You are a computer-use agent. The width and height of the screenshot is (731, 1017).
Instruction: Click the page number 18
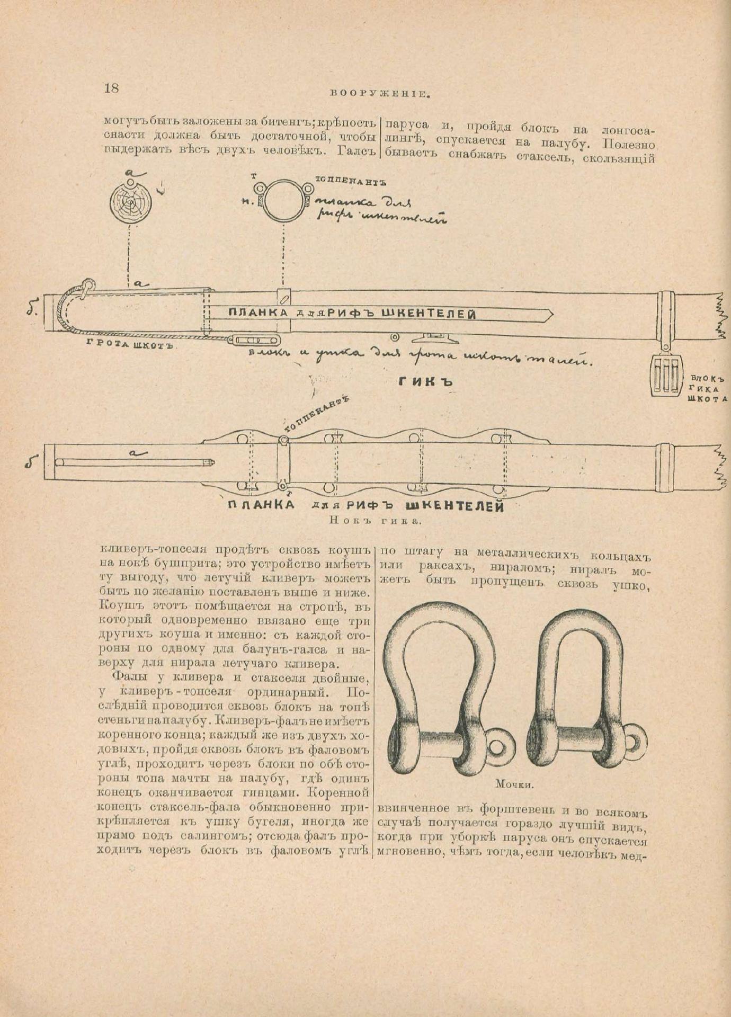click(x=112, y=88)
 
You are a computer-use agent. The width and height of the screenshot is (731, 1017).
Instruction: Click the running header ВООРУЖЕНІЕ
click(x=378, y=94)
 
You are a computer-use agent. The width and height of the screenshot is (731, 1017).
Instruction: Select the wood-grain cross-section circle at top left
click(x=130, y=201)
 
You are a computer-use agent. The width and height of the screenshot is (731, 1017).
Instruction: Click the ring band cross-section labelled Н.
click(x=284, y=202)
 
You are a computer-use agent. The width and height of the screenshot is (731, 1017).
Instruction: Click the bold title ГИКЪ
click(x=425, y=380)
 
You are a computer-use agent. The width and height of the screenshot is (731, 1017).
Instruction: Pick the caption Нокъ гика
click(x=375, y=520)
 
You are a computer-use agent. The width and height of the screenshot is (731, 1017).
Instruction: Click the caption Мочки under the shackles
click(x=514, y=784)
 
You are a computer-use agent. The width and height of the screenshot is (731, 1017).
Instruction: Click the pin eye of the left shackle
click(x=497, y=747)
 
